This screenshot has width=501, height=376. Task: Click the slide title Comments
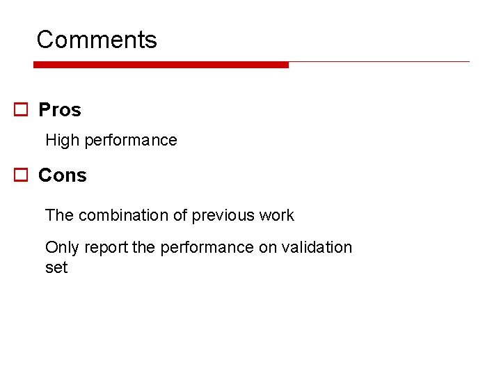coord(97,40)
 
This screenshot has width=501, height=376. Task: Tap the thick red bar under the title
coord(161,65)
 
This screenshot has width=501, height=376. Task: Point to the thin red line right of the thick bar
coord(379,62)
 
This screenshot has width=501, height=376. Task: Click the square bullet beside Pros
coord(22,110)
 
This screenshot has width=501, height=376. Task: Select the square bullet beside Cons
coord(22,175)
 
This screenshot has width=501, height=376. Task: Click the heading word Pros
coord(60,110)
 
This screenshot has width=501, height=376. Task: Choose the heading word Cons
coord(63,175)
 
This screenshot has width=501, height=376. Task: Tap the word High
coord(63,140)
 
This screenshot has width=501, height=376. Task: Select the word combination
coord(123,215)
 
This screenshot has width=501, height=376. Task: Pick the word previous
coord(223,215)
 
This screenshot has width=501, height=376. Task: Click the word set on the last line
coord(56,267)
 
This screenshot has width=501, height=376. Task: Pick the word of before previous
coord(180,215)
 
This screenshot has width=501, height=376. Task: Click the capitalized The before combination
coord(59,215)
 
